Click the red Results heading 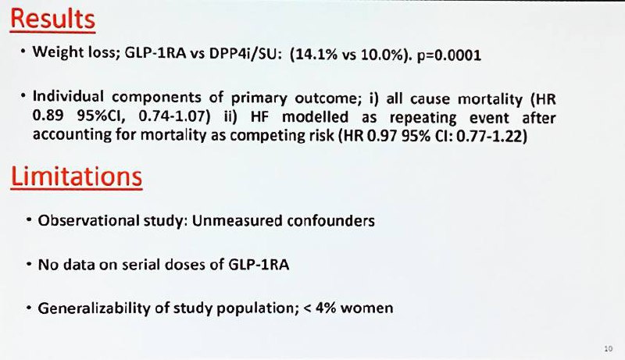52,19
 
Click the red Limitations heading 77,176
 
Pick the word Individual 68,96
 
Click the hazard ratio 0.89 48,116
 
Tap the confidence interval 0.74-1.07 171,116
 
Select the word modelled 315,117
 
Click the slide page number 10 609,348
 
